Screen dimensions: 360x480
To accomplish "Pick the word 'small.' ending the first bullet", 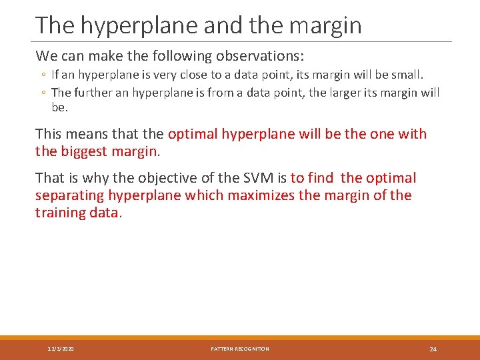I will coord(405,75).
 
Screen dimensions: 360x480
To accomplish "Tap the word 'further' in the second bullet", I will coord(96,93).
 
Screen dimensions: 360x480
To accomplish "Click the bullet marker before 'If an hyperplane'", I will coord(41,75).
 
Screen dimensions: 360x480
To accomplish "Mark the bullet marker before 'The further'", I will coord(41,93).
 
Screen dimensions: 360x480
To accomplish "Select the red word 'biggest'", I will coord(83,151).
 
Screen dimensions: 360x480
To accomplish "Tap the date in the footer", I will coord(61,349).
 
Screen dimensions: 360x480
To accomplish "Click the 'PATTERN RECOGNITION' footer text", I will coord(240,349).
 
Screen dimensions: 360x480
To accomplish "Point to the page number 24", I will coord(433,349).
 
